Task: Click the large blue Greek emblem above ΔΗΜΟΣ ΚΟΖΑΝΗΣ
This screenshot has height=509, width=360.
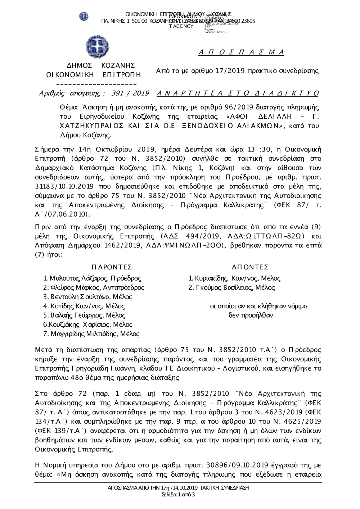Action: coord(95,48)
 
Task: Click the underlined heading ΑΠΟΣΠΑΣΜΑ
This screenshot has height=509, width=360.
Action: coord(242,53)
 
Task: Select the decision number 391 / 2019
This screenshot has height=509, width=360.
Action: coord(131,94)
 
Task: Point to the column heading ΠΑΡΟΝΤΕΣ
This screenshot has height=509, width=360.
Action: coord(112,267)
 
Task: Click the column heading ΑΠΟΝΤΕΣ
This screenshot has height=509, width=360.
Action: coord(250,267)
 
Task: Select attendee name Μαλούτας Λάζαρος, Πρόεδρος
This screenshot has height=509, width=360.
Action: coord(92,278)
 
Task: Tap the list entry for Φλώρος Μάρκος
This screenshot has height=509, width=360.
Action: coord(94,288)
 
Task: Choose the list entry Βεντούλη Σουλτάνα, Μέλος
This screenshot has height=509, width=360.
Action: coord(87,297)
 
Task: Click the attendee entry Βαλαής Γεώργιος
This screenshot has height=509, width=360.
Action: coord(84,315)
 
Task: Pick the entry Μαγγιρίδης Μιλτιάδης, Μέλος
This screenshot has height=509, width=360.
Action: coord(91,334)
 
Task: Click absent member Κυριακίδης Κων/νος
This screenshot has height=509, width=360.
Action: coord(235,278)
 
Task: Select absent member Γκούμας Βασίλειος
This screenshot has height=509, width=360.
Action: coord(232,288)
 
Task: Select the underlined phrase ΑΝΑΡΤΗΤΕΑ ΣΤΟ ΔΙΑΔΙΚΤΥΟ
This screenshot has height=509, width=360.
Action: coord(238,94)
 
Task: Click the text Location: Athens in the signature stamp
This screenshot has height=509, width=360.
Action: coord(215,32)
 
